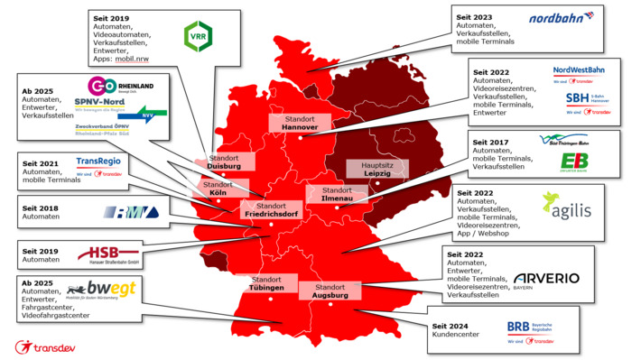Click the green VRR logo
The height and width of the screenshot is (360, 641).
(x=198, y=36)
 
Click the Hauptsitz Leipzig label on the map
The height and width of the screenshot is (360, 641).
(x=376, y=168)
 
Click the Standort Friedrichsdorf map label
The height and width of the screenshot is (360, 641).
(x=270, y=210)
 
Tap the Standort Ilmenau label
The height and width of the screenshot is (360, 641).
(x=337, y=195)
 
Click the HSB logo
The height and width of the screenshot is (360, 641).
(x=109, y=255)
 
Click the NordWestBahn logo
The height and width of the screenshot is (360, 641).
(x=579, y=70)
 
